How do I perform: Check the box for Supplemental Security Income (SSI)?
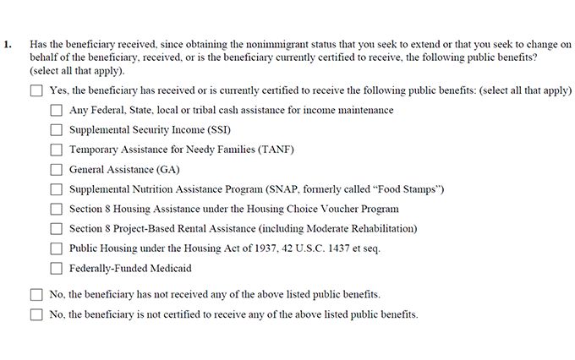click(57, 130)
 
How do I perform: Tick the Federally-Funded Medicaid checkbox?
click(57, 269)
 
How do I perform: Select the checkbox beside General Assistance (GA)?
click(57, 170)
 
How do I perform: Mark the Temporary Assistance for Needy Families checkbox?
click(57, 150)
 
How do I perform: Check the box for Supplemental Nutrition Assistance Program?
click(57, 189)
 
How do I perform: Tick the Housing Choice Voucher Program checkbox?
click(57, 209)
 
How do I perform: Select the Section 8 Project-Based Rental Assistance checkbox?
click(57, 229)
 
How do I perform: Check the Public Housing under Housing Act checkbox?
click(57, 248)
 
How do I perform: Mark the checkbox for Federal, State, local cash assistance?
click(57, 110)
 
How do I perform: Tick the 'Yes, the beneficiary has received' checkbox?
click(36, 90)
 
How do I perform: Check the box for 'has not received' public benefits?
click(36, 295)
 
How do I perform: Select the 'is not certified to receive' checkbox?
click(36, 315)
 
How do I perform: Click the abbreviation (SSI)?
click(216, 130)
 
